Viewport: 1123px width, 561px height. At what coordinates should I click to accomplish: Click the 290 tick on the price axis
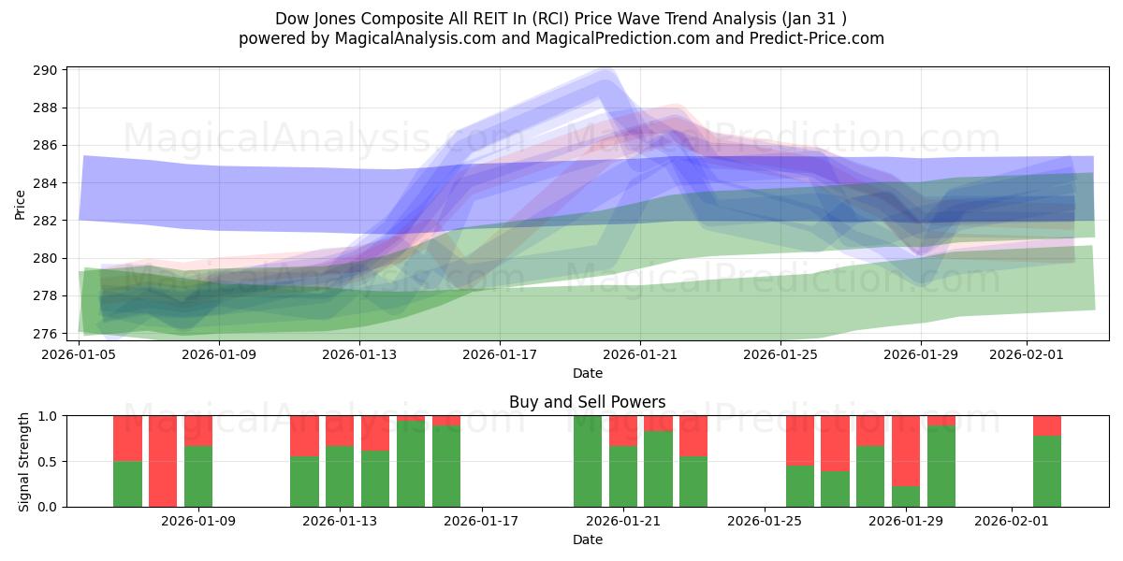[47, 70]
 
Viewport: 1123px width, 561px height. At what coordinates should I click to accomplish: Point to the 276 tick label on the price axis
[47, 334]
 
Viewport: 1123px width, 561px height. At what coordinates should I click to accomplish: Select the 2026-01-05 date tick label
[79, 355]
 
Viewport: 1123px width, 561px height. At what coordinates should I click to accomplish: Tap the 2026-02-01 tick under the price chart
[1028, 355]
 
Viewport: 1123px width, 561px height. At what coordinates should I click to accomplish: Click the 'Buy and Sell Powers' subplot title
[587, 402]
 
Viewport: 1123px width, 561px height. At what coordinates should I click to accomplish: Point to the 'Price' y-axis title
[21, 204]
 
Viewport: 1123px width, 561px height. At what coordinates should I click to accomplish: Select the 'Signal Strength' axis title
[24, 461]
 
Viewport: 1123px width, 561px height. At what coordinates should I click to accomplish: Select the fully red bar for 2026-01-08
[163, 461]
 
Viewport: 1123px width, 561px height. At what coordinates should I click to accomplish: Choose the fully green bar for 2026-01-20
[588, 461]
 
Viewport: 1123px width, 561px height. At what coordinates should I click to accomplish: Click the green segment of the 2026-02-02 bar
[1047, 471]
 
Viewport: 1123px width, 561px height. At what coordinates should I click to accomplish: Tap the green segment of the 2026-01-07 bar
[127, 484]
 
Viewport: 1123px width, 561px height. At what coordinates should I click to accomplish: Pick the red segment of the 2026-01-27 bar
[835, 443]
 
